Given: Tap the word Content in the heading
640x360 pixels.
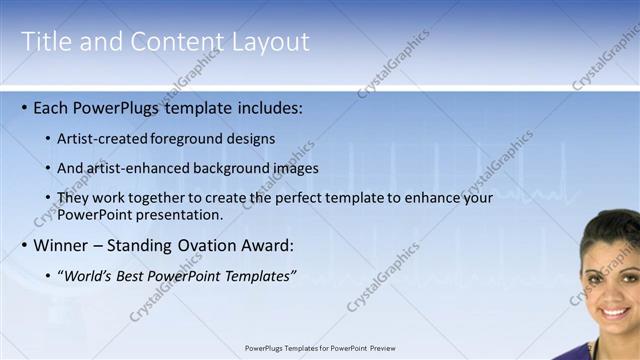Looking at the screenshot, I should (x=166, y=42).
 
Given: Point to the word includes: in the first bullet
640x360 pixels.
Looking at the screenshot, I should (x=267, y=107).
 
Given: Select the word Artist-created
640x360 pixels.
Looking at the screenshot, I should (x=103, y=138).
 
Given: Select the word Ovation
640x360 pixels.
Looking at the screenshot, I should (x=205, y=245).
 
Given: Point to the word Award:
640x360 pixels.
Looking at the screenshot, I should (x=269, y=245).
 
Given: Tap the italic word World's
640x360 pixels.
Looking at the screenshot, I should (x=88, y=276).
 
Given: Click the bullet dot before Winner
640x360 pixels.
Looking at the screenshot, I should (x=24, y=245).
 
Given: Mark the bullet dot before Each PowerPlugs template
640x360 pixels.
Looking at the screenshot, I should (x=24, y=107).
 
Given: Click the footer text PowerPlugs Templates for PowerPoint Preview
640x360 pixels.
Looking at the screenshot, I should (x=320, y=348).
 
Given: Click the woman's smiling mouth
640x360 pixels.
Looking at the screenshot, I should (x=615, y=312).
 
